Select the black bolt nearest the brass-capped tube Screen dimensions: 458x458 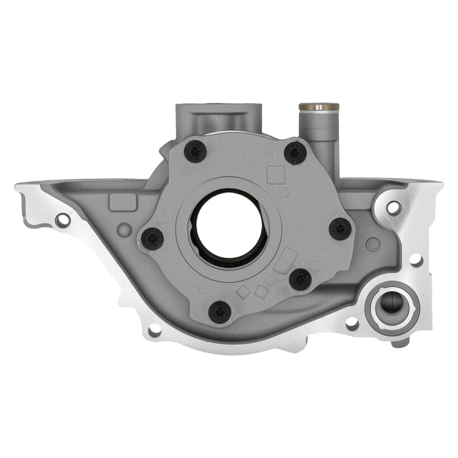(295, 153)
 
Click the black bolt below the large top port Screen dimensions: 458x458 (195, 151)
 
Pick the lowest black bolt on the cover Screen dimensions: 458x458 (219, 312)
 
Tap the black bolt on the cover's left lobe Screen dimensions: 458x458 (152, 238)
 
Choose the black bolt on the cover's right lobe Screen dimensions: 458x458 (340, 229)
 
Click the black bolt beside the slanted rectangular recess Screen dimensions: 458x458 (300, 279)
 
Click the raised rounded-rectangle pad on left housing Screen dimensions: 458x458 (123, 202)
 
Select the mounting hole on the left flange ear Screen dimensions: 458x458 (63, 220)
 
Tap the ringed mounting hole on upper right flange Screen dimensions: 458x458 (393, 208)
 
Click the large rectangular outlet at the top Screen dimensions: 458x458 (219, 118)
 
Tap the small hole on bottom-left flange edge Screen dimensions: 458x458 (154, 329)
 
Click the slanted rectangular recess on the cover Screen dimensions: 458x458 (285, 261)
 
